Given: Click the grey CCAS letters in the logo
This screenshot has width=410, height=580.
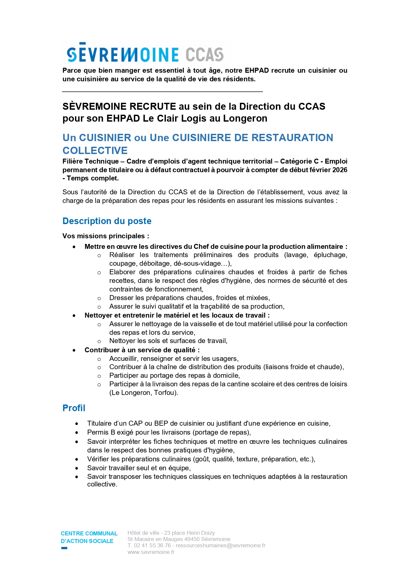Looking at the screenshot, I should click(205, 55).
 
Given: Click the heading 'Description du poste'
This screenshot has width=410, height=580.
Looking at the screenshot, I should click(107, 221).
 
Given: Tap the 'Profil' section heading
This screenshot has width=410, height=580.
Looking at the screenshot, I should click(74, 408).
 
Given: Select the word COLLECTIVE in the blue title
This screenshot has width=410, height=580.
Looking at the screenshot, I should click(95, 150).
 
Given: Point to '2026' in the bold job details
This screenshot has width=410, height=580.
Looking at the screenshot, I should click(340, 170).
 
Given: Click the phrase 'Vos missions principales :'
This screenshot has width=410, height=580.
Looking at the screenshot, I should click(106, 236).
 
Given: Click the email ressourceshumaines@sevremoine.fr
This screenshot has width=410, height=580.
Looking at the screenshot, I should click(220, 545).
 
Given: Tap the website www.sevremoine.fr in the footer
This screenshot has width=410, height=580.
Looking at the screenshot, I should click(151, 552).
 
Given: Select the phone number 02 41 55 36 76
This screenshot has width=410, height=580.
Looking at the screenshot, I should click(152, 545).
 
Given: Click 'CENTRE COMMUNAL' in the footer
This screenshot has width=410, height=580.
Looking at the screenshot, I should click(89, 533).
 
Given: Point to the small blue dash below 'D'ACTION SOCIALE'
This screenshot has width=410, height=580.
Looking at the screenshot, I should click(64, 548).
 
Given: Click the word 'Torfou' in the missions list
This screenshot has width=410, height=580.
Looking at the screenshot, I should click(164, 393).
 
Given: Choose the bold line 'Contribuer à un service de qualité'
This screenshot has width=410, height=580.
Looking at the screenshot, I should click(142, 350).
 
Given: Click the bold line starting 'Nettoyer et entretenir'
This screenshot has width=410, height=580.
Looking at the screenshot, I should click(177, 315).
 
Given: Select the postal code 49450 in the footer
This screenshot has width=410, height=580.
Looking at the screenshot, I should click(192, 539).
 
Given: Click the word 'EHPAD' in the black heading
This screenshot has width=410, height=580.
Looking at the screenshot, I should click(123, 118).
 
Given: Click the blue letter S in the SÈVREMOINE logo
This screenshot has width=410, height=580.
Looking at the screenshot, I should click(72, 54).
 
